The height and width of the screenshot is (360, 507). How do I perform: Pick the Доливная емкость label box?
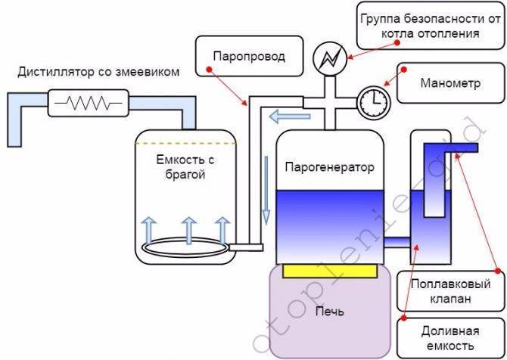click(442, 338)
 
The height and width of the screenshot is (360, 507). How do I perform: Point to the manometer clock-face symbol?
click(371, 99)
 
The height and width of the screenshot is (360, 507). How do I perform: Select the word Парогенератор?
click(329, 167)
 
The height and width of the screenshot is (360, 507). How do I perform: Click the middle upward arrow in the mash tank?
click(188, 228)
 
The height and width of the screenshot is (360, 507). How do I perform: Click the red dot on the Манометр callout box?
click(403, 70)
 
